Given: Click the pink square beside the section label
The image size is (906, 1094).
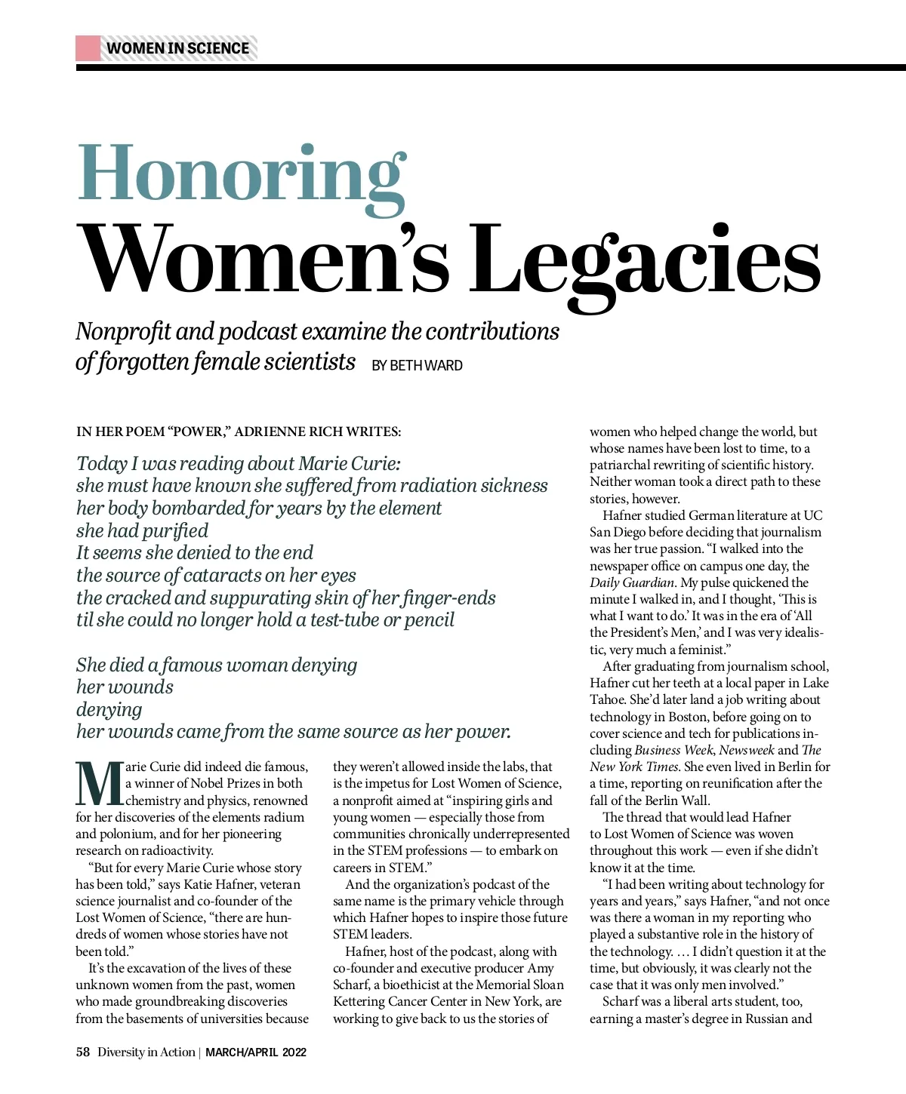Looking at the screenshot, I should (x=88, y=48).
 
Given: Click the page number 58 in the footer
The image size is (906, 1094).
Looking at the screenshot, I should (x=82, y=1052).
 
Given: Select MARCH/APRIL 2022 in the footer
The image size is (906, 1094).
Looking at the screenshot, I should (x=256, y=1053).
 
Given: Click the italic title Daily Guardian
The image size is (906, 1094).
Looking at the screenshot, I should (x=631, y=582).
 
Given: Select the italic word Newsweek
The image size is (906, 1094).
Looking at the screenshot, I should (x=746, y=750).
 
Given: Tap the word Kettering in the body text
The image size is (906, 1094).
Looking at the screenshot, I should (x=359, y=1002).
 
